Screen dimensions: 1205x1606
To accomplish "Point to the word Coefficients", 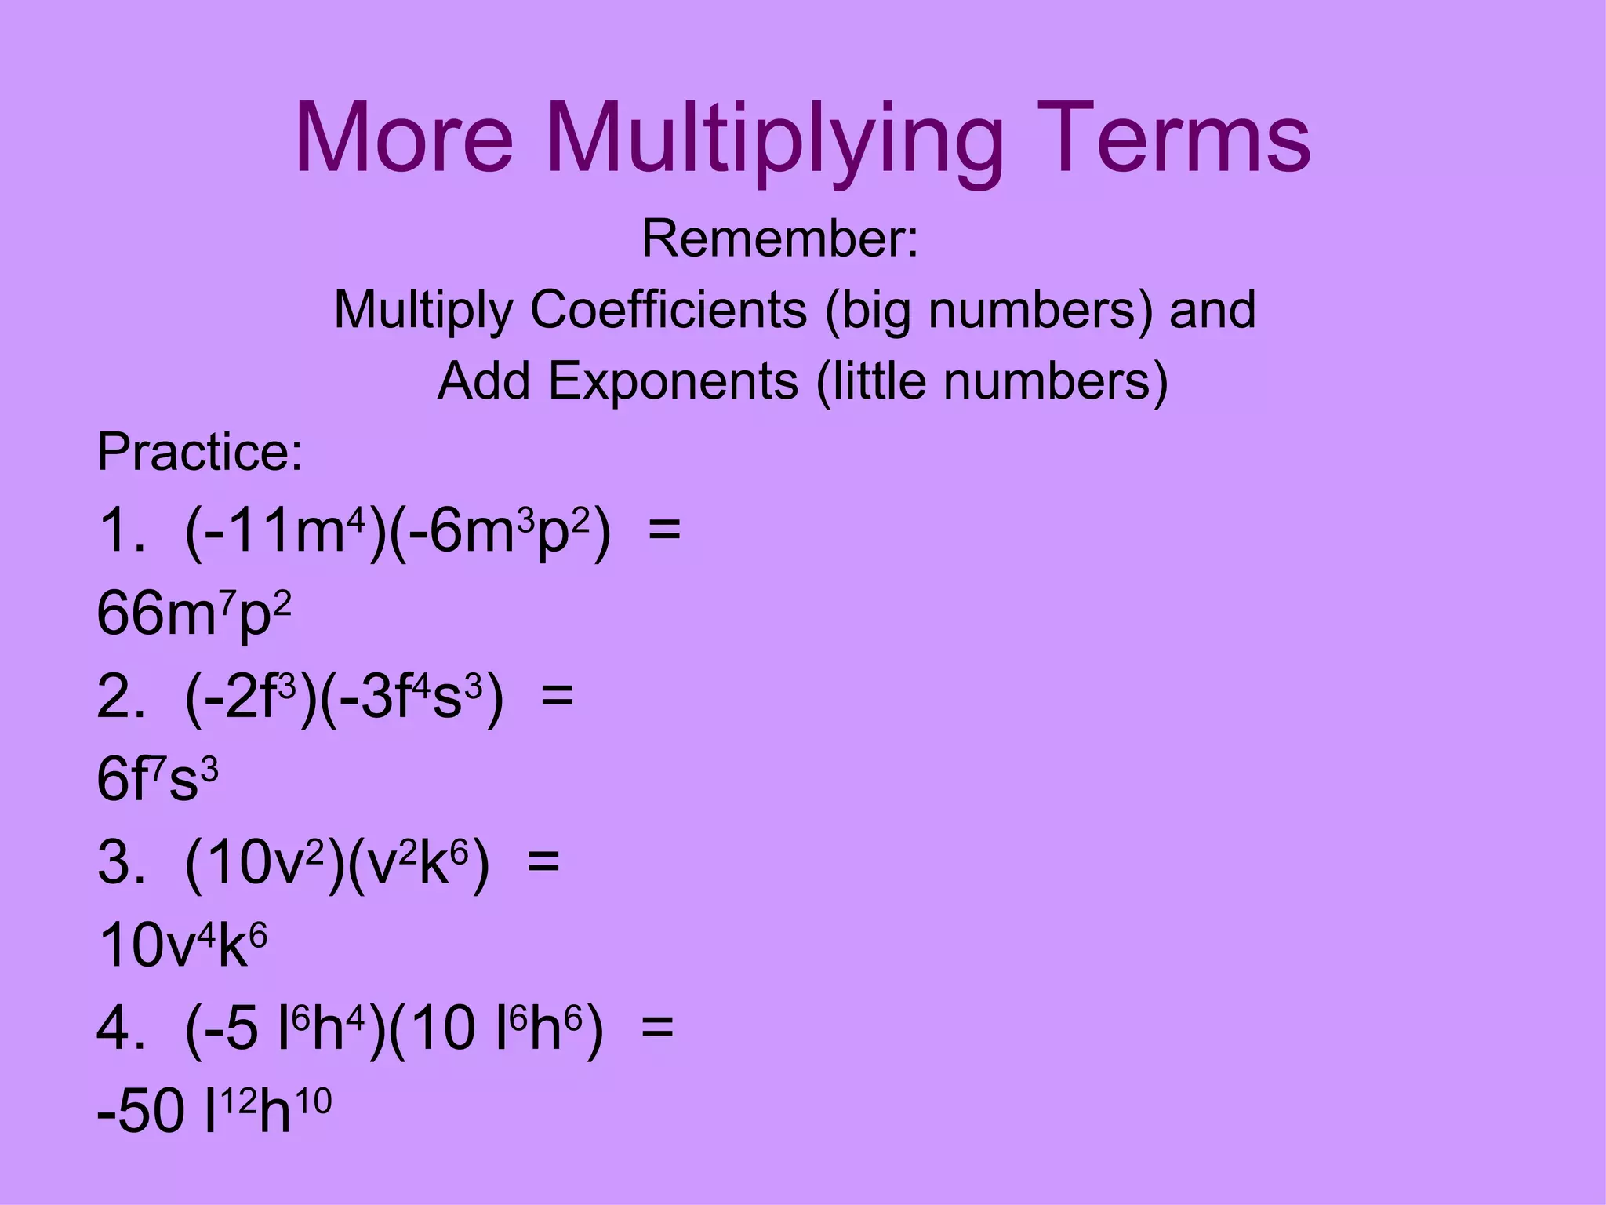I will click(x=668, y=310).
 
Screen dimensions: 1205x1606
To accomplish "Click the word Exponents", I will click(x=673, y=382).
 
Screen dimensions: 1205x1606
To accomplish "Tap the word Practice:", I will click(x=199, y=453).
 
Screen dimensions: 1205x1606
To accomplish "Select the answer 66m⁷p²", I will click(x=194, y=614).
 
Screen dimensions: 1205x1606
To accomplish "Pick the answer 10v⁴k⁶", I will click(x=183, y=945).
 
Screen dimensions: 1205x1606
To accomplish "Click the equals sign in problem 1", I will click(x=664, y=530).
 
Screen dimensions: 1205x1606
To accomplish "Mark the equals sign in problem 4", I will click(x=657, y=1028).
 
